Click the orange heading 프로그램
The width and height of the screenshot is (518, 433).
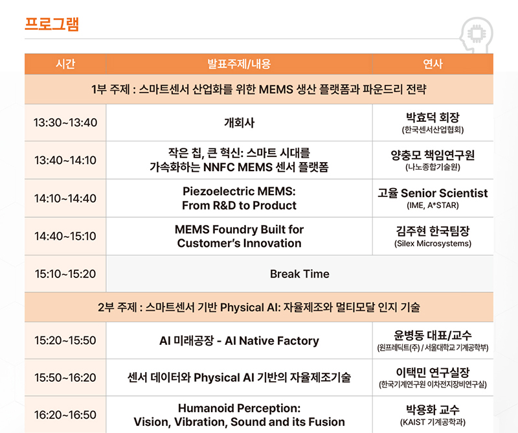(x=52, y=24)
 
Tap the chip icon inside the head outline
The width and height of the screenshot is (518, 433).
(x=476, y=34)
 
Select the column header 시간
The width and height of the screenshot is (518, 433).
(x=65, y=64)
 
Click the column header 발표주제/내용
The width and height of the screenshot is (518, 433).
(x=239, y=64)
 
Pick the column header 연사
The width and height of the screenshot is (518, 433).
(x=433, y=64)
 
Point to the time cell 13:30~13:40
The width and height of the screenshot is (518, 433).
(x=65, y=123)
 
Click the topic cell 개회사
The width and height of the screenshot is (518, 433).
(x=239, y=123)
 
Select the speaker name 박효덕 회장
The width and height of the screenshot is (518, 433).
(x=433, y=117)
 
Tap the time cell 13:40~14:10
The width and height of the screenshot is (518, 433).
(x=65, y=161)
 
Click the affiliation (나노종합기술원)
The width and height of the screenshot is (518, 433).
(x=433, y=167)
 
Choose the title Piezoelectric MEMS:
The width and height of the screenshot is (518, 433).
(x=239, y=191)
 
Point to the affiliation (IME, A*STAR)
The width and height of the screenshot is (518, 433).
(x=433, y=205)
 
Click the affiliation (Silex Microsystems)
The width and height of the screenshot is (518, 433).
(x=433, y=244)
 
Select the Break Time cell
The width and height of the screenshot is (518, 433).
(x=300, y=274)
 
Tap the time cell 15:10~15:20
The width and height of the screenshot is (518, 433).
(x=65, y=274)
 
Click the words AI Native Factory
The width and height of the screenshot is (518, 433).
(x=272, y=341)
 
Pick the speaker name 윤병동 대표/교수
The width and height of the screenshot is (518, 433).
(x=433, y=335)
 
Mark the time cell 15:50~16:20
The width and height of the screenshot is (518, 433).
(x=65, y=377)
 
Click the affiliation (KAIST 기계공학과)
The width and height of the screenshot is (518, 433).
(x=433, y=422)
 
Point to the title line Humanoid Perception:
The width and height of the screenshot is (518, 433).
(x=239, y=408)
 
